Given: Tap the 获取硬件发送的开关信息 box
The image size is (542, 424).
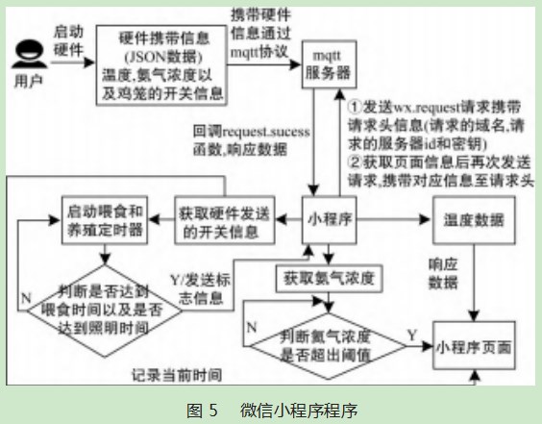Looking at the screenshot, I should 222,219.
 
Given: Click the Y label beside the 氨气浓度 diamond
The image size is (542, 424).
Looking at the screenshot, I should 410,334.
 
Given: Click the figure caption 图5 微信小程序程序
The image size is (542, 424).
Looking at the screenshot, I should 270,409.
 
